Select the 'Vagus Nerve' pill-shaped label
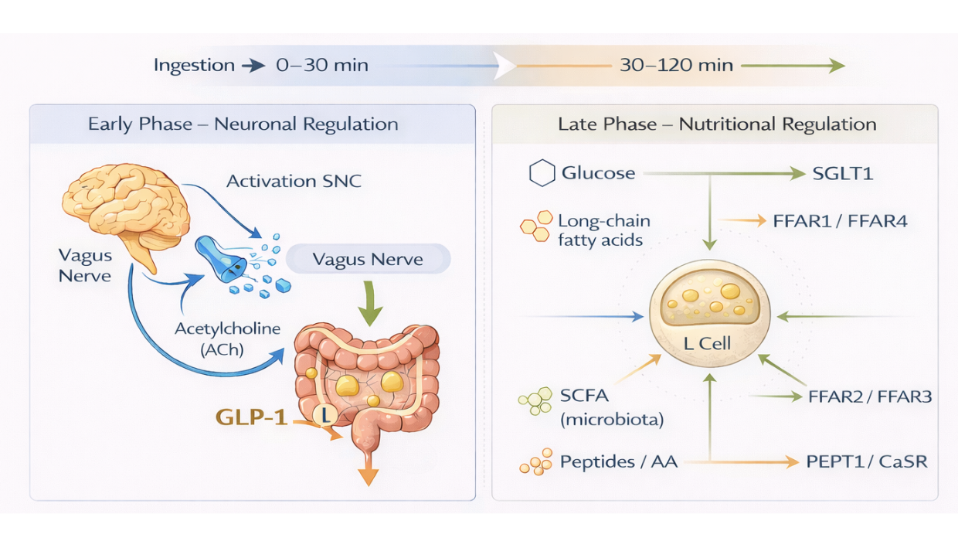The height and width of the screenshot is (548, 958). [x=368, y=259]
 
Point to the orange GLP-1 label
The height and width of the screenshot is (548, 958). [x=251, y=417]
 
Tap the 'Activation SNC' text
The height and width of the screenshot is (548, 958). [x=294, y=182]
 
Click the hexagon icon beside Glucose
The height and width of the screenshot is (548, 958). [x=542, y=173]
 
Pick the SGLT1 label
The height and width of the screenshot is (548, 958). [x=842, y=173]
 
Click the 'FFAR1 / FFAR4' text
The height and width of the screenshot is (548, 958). [x=840, y=221]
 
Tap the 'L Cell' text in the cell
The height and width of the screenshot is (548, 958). [x=707, y=342]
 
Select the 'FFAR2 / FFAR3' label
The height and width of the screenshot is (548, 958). [x=869, y=397]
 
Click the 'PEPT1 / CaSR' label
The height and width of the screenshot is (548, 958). [x=866, y=462]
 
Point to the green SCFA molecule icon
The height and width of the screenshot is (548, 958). [x=535, y=400]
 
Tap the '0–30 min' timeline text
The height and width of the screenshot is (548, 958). [x=321, y=65]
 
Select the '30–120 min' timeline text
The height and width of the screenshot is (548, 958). [x=676, y=65]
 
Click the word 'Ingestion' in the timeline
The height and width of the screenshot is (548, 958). [x=194, y=65]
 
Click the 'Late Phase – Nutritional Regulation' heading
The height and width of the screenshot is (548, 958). [x=716, y=124]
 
